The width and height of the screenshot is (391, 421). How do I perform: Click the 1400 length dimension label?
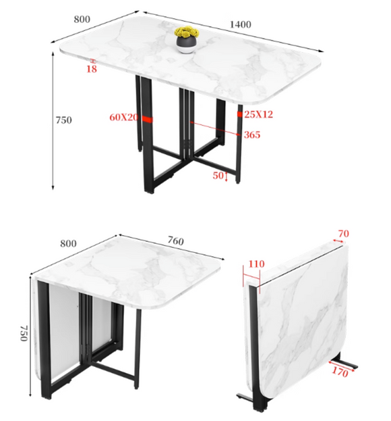(241, 24)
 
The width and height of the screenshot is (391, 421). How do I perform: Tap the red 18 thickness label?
(91, 69)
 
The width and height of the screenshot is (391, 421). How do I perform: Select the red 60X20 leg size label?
(124, 117)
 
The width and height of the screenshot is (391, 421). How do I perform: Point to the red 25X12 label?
(258, 114)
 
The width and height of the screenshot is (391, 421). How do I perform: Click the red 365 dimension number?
(252, 134)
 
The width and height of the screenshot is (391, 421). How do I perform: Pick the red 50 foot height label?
(218, 175)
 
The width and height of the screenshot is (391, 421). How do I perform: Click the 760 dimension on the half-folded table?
(176, 241)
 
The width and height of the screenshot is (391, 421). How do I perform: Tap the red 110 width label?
(257, 264)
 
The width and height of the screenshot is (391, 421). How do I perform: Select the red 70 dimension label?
(344, 234)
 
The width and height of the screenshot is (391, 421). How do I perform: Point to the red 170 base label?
(340, 372)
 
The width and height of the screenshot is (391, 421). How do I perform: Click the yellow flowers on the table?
(187, 32)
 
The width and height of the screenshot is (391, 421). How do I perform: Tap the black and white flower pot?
(186, 45)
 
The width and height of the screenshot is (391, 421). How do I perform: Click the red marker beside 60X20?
(147, 120)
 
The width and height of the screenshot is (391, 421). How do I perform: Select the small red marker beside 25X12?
(240, 114)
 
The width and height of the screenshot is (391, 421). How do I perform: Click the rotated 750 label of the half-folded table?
(24, 333)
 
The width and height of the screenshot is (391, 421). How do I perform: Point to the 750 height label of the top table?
(64, 120)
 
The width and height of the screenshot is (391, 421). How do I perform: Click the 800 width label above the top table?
(82, 20)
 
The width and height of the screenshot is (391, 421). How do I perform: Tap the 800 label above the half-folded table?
(68, 243)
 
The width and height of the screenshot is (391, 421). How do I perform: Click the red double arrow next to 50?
(227, 176)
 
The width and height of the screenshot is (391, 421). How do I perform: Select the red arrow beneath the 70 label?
(338, 241)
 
